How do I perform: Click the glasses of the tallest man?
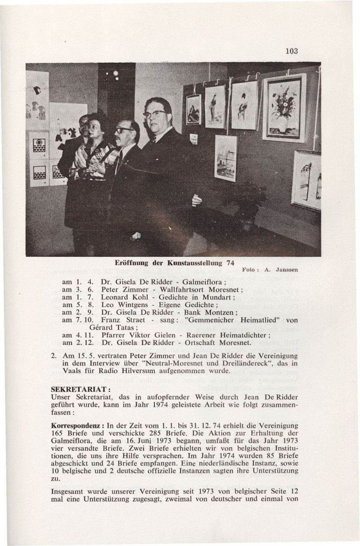tap(154, 114)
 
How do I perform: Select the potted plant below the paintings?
tap(247, 198)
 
